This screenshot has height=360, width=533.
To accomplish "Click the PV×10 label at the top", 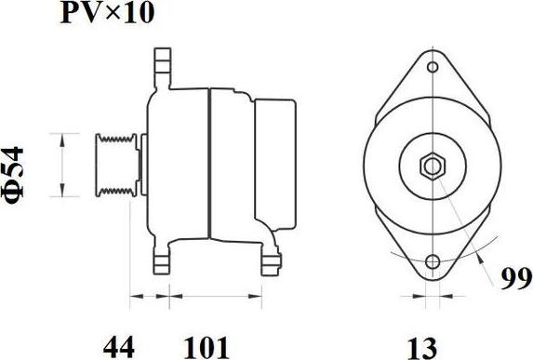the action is [107, 13].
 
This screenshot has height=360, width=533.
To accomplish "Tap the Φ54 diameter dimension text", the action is [13, 173].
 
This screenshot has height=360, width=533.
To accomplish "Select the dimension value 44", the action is [119, 347].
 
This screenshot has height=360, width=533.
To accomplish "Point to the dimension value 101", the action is [207, 347].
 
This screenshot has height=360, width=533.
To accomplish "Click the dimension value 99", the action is [516, 278].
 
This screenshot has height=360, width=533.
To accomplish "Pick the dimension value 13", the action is [422, 347].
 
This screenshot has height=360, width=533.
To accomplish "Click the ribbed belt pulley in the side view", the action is [117, 166].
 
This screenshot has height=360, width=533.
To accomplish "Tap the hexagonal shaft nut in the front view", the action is [433, 167].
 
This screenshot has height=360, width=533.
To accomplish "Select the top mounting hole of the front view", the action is [433, 67].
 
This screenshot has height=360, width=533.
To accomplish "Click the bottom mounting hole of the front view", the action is [433, 261].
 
